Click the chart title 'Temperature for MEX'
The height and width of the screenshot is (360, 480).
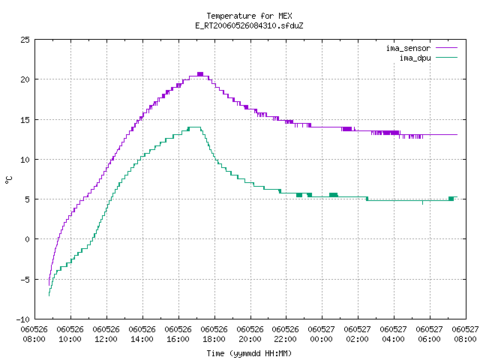(x=249, y=16)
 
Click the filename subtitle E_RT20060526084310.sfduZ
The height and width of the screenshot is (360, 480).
(x=249, y=25)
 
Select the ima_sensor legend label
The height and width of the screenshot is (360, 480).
(x=408, y=48)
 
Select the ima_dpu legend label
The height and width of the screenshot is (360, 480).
(x=415, y=58)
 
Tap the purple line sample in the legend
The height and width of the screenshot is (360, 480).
(x=446, y=48)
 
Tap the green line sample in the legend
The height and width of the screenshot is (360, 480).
(x=446, y=58)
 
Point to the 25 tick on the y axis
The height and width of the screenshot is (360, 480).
(x=25, y=40)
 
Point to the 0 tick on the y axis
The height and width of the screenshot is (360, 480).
(x=28, y=239)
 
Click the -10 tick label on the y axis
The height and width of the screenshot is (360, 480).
(x=23, y=319)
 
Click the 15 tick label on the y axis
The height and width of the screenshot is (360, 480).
(x=25, y=120)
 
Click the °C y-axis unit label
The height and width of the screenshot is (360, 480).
(x=9, y=180)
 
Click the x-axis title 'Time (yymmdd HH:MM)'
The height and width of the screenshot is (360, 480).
(x=249, y=353)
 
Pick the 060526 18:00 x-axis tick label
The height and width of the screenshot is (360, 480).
(x=214, y=334)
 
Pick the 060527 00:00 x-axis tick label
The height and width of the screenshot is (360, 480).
(x=322, y=334)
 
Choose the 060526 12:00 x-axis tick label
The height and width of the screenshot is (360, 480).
(x=106, y=334)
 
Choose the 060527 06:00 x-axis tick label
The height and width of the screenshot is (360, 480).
(x=430, y=334)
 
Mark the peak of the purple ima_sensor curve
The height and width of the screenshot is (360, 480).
(x=200, y=74)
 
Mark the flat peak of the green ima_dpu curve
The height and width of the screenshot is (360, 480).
(x=194, y=127)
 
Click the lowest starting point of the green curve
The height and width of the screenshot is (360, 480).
(x=49, y=295)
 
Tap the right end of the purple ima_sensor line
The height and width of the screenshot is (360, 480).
(x=457, y=134)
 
